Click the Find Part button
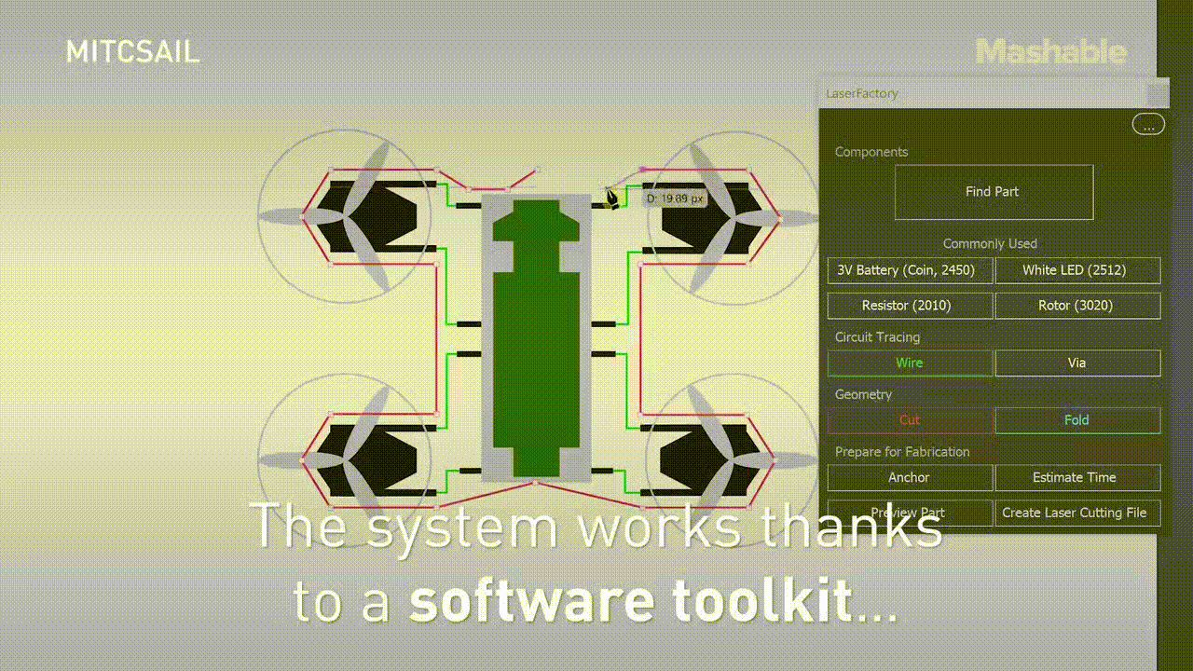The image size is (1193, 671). click(x=994, y=192)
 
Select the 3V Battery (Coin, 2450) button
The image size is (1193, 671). click(x=910, y=270)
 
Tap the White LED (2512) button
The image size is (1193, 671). click(x=1077, y=270)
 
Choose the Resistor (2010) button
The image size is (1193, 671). click(x=910, y=306)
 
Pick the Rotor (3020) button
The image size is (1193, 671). click(x=1077, y=306)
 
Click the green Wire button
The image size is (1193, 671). click(x=910, y=363)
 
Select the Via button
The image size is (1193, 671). click(x=1077, y=363)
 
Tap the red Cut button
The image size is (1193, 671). click(x=910, y=420)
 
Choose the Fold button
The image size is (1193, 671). click(x=1077, y=420)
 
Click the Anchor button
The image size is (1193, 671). click(x=910, y=477)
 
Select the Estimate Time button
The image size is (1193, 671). click(x=1077, y=477)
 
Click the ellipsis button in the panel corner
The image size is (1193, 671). click(x=1148, y=124)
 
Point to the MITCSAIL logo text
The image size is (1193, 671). click(x=132, y=51)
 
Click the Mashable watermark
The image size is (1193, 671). click(x=1051, y=51)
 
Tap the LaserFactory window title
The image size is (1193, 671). click(x=862, y=93)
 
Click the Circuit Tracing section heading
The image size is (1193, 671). click(x=877, y=337)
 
